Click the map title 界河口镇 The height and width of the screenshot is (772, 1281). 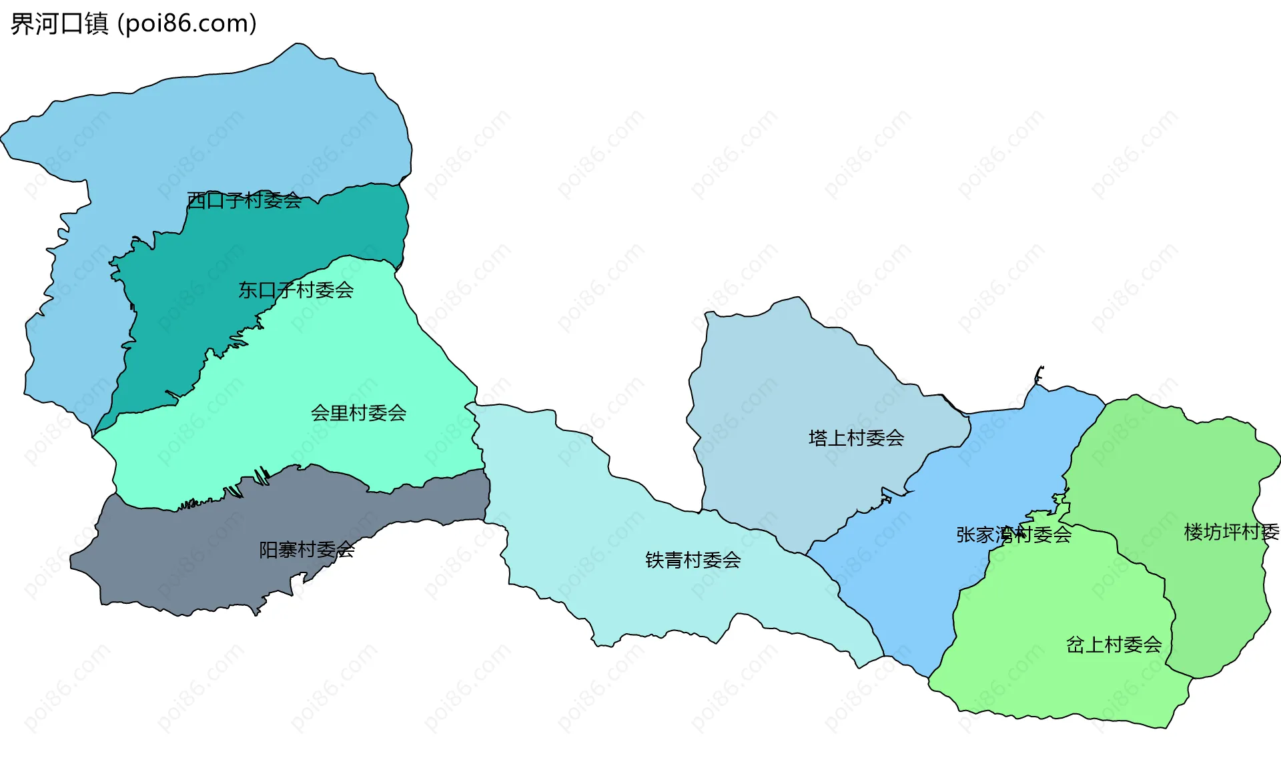click(x=59, y=24)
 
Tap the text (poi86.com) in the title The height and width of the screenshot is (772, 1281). click(x=187, y=24)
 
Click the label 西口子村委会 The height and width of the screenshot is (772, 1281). click(x=244, y=200)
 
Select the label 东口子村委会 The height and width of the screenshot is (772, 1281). click(x=296, y=290)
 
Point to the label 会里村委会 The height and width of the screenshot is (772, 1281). click(x=358, y=413)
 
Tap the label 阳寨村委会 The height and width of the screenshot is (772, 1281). click(x=306, y=550)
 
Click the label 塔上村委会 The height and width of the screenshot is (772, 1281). click(x=856, y=438)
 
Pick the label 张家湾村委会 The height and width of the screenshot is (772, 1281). click(x=1013, y=534)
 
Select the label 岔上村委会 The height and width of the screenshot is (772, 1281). click(x=1114, y=645)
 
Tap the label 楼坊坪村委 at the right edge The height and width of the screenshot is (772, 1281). click(x=1231, y=532)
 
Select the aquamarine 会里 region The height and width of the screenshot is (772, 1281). click(x=300, y=374)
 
